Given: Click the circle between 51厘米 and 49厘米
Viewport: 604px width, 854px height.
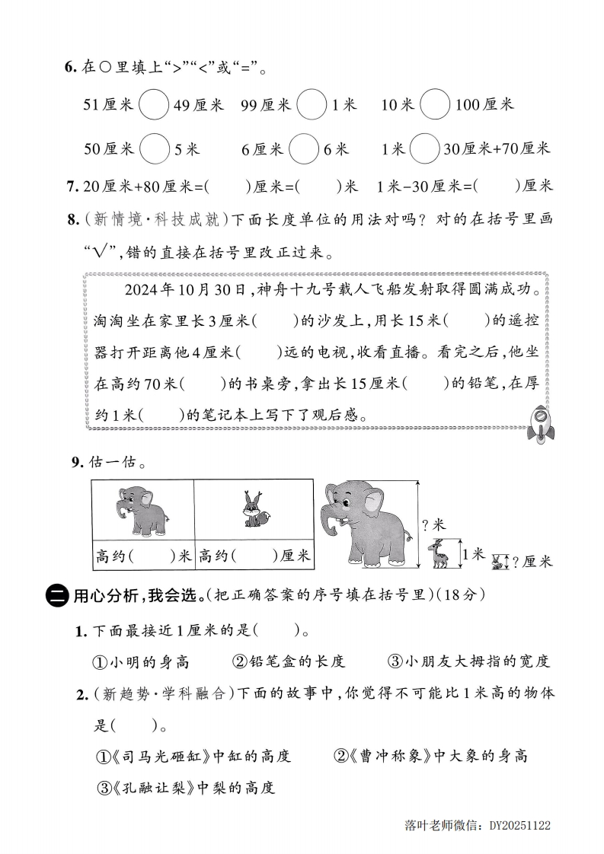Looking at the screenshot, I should click(x=154, y=104).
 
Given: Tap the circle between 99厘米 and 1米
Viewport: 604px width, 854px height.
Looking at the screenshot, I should click(x=311, y=104).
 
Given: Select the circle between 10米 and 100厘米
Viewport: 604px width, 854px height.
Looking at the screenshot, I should click(x=434, y=104).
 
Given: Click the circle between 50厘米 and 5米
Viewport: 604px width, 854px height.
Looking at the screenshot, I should click(x=155, y=148).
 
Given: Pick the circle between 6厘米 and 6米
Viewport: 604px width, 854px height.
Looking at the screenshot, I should click(x=303, y=148).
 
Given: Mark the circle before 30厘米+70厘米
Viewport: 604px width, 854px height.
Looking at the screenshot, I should click(x=424, y=148).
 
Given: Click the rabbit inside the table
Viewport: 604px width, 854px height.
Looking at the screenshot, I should click(x=252, y=510).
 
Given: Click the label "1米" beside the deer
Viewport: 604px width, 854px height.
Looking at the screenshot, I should click(x=472, y=554).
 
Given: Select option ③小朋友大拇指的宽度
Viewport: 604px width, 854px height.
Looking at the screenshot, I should click(x=469, y=661).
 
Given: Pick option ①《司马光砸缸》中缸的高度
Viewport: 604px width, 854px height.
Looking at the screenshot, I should click(x=193, y=756).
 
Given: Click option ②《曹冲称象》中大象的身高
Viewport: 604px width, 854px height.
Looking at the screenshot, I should click(x=430, y=756).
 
